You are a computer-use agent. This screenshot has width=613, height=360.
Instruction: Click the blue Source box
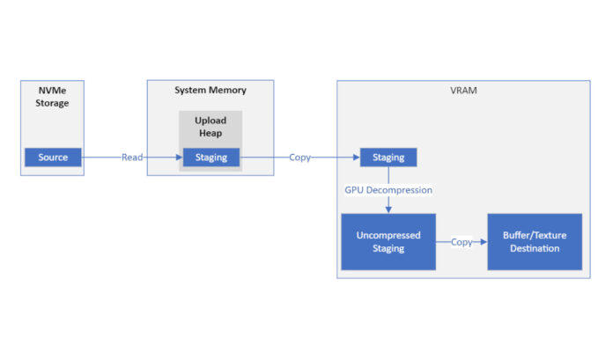click(x=53, y=158)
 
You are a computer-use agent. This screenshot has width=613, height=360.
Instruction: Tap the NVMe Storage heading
click(x=53, y=96)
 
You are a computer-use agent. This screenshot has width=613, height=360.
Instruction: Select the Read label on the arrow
click(x=132, y=158)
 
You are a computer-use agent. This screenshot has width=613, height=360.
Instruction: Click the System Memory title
click(x=210, y=90)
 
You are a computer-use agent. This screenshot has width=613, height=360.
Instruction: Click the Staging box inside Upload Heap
click(x=210, y=158)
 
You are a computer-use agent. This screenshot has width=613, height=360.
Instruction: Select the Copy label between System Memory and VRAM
click(x=299, y=158)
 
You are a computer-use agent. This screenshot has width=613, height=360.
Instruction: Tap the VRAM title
click(x=462, y=90)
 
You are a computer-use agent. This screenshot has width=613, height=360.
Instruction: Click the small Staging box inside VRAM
click(x=388, y=158)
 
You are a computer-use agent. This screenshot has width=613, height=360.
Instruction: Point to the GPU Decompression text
click(x=388, y=190)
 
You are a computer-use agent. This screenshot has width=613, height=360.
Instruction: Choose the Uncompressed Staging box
click(x=388, y=241)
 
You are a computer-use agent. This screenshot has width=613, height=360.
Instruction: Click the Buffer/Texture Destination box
click(x=535, y=241)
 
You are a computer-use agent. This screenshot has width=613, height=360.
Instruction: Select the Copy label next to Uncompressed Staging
click(x=461, y=241)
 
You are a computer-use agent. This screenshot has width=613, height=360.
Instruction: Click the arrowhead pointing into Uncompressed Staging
click(x=388, y=209)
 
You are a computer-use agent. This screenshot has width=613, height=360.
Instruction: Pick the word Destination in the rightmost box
click(x=535, y=248)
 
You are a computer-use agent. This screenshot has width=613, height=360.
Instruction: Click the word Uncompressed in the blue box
click(x=388, y=235)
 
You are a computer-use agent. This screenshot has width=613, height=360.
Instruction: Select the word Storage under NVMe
click(x=53, y=103)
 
